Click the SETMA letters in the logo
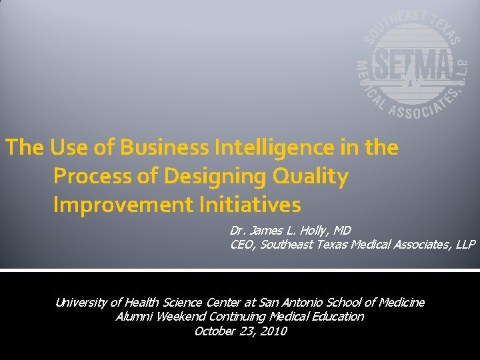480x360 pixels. (x=411, y=65)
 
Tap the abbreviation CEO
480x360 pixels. (x=241, y=245)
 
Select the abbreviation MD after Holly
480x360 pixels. (x=342, y=231)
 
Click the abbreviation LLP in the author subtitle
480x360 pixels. (x=465, y=245)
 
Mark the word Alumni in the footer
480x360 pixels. (x=134, y=317)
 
